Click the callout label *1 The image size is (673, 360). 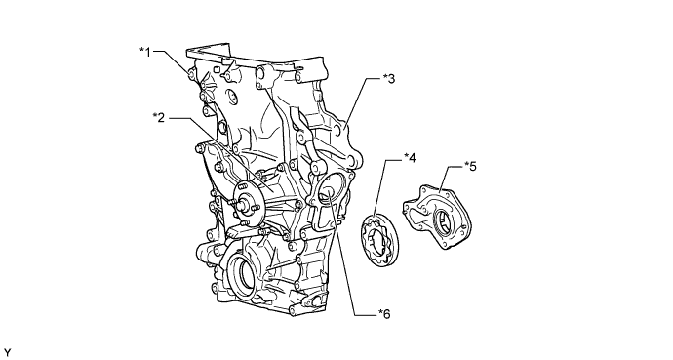click(x=145, y=52)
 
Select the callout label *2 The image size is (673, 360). click(x=159, y=117)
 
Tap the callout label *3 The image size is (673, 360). click(x=389, y=78)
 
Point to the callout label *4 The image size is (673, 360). click(x=410, y=158)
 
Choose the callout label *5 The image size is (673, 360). click(x=470, y=166)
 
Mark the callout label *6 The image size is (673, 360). click(x=384, y=314)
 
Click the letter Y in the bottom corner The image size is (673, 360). click(x=7, y=353)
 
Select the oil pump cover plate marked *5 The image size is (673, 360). click(x=437, y=217)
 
